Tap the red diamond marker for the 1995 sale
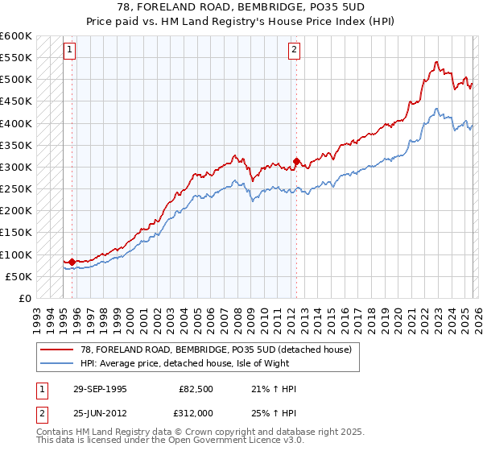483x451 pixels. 72,262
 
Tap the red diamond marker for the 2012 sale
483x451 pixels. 296,162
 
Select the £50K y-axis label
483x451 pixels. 19,276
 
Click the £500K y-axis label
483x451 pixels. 16,80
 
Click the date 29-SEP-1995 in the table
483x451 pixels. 97,390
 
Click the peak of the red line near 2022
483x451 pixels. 436,62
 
